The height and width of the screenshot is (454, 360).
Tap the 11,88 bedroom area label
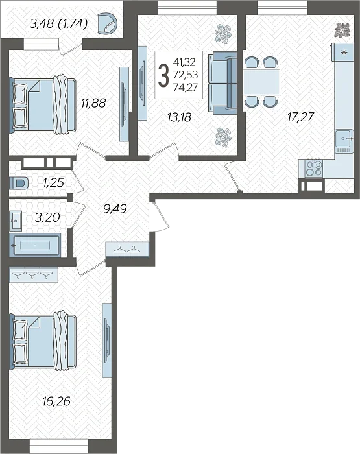coord(93,102)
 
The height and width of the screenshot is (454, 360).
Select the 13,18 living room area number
coord(179,117)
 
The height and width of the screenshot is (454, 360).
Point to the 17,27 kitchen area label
coord(300,117)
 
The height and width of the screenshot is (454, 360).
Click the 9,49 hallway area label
coord(115,208)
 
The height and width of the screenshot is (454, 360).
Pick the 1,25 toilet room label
coord(53,183)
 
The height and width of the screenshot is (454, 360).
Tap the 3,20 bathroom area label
coord(47,217)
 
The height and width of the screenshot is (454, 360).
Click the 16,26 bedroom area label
coord(56,401)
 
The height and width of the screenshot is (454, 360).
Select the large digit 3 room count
coord(163,75)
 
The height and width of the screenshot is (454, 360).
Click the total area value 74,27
coord(186,87)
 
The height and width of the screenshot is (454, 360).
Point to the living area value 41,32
coord(184,62)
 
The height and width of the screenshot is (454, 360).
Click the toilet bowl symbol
coord(19,184)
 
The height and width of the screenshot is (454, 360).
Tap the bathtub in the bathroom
coord(35,246)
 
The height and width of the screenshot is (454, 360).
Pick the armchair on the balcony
coord(108,24)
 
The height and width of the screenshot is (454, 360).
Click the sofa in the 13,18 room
coord(222,83)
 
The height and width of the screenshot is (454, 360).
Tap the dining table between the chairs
coord(261,82)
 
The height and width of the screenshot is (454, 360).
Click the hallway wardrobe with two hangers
coord(127,249)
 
